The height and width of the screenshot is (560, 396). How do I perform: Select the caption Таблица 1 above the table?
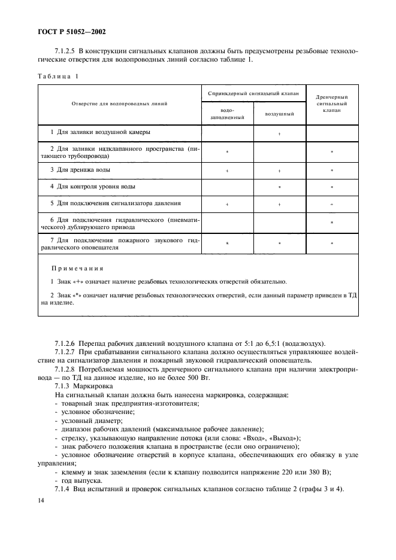click(59, 77)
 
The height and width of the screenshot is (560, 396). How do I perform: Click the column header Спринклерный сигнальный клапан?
click(253, 93)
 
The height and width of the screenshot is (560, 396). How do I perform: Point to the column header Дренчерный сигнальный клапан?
click(331, 104)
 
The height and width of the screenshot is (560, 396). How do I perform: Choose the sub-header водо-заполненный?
click(228, 114)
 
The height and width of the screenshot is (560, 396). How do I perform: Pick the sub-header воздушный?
click(279, 113)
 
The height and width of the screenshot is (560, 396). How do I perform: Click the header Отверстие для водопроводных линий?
click(119, 104)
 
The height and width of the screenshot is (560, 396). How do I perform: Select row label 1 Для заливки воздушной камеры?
click(100, 132)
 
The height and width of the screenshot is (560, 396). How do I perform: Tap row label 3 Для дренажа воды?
click(80, 171)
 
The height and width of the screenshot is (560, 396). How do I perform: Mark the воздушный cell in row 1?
click(279, 133)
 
